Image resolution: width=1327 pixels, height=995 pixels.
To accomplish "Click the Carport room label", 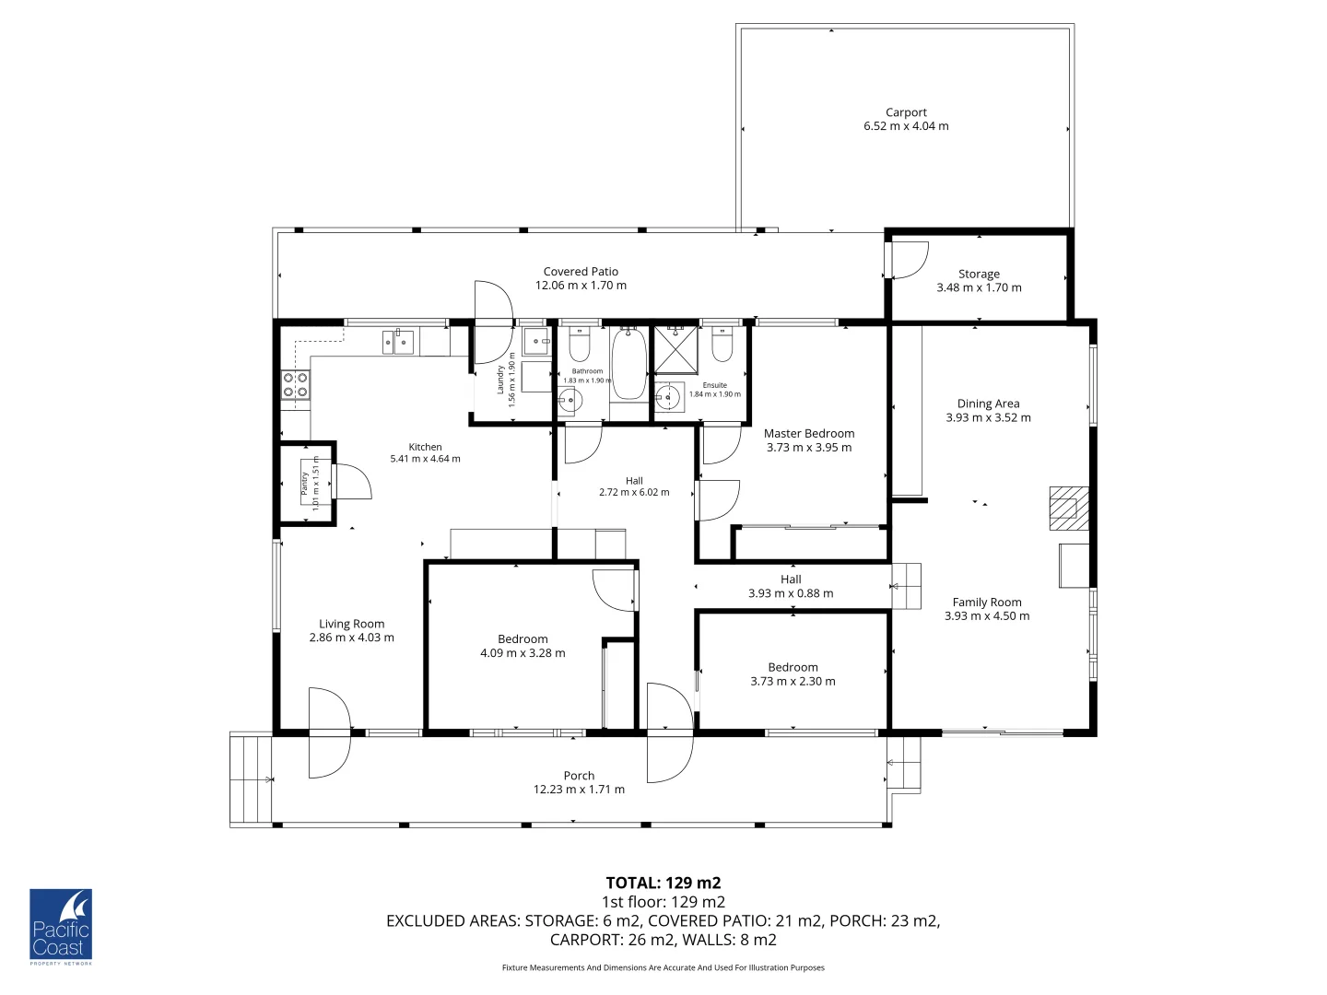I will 906,112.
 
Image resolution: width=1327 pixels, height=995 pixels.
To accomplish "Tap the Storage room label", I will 979,274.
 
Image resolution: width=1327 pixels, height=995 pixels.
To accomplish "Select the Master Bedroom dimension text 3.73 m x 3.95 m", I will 809,448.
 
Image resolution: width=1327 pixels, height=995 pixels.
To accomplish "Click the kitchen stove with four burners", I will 295,384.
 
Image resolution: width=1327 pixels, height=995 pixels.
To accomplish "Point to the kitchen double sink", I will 399,343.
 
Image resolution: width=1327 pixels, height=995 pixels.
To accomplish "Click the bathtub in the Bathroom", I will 629,365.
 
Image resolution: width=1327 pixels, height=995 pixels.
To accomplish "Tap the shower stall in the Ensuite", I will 675,349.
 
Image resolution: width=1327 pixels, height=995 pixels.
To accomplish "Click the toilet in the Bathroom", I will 580,345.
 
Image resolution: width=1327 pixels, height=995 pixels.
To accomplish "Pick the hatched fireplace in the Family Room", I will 1067,509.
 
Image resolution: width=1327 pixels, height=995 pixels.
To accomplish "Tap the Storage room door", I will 909,260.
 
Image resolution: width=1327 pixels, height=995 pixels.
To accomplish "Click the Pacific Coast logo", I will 61,927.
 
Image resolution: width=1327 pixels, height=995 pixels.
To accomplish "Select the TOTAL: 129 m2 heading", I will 663,884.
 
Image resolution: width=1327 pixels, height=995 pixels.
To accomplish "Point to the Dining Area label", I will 988,404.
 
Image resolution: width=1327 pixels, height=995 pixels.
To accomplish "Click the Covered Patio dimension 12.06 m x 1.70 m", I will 581,286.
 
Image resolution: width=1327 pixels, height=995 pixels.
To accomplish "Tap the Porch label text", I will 579,776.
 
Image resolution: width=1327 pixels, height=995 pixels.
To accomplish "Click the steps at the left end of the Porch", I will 251,779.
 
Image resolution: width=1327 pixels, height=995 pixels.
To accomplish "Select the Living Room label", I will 351,624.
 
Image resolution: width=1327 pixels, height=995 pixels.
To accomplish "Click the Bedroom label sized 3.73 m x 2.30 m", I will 793,667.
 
